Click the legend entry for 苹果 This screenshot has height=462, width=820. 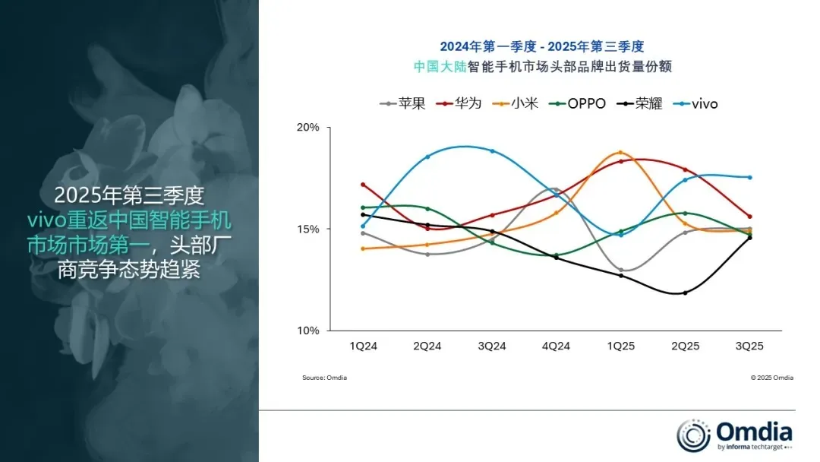(402, 103)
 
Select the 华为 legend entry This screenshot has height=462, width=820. (459, 103)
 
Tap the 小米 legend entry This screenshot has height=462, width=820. (515, 103)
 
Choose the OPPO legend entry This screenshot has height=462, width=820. (577, 103)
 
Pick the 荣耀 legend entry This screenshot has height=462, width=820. (639, 103)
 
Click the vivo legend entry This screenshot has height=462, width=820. (695, 103)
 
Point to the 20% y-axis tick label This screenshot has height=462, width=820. (308, 127)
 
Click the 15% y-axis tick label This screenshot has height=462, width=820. (308, 229)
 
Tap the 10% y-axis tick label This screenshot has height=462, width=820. (308, 331)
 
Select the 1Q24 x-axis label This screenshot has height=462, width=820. (364, 346)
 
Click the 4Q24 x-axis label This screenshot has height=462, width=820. (556, 346)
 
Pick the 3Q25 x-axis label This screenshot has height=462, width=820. (749, 346)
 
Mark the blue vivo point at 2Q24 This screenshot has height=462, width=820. (427, 157)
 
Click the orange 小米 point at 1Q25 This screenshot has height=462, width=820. (621, 152)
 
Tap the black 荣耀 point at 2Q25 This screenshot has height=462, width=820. (685, 293)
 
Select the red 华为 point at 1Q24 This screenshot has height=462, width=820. (363, 185)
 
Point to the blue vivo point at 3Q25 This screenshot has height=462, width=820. (750, 177)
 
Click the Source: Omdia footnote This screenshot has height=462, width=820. (324, 378)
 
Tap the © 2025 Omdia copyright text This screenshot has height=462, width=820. (772, 378)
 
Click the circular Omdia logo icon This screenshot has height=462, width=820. (693, 435)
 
